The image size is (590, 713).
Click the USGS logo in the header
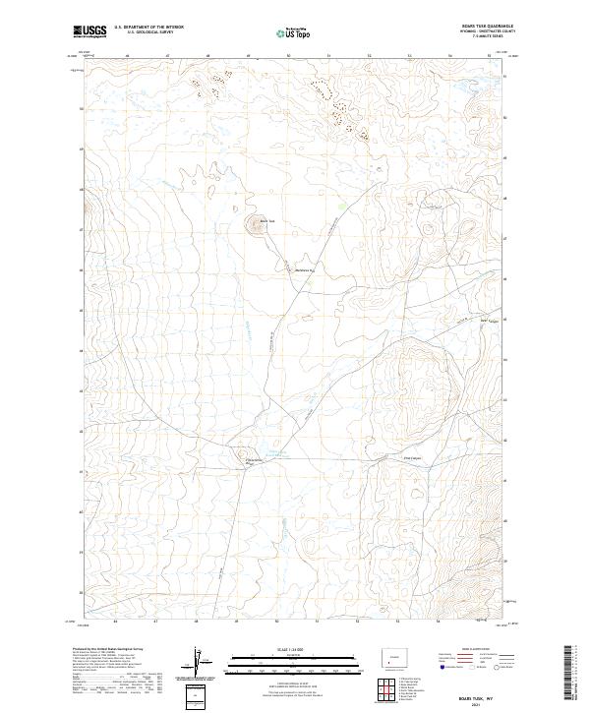[89, 32]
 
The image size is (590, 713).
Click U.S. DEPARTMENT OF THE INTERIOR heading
[149, 28]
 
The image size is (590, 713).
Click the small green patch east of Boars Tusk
[341, 206]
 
